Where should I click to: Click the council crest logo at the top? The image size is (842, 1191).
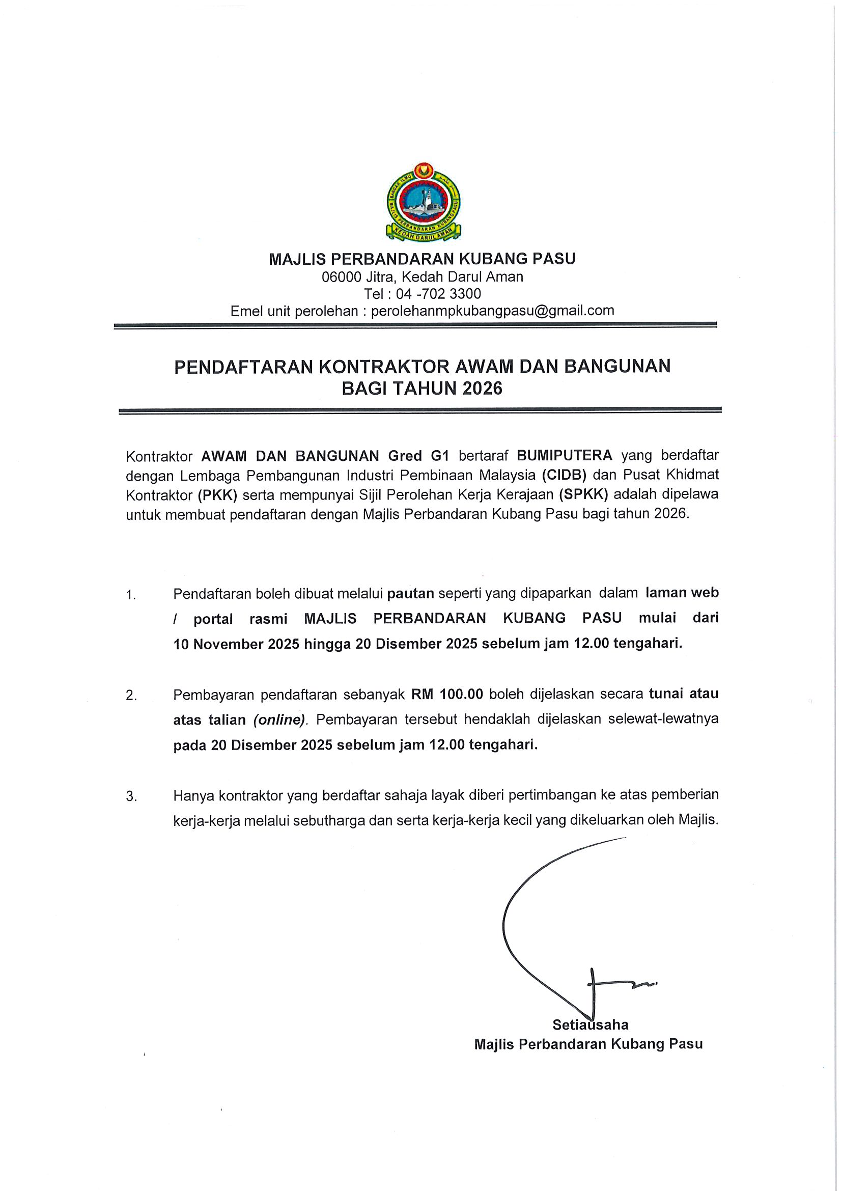(x=424, y=206)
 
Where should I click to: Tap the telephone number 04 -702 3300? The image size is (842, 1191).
(x=438, y=294)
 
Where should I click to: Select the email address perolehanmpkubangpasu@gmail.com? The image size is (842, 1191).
(x=493, y=311)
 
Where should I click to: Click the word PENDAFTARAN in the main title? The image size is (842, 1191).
(x=244, y=367)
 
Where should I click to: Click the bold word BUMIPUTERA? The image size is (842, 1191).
(x=565, y=455)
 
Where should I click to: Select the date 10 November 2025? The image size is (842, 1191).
(x=236, y=644)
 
